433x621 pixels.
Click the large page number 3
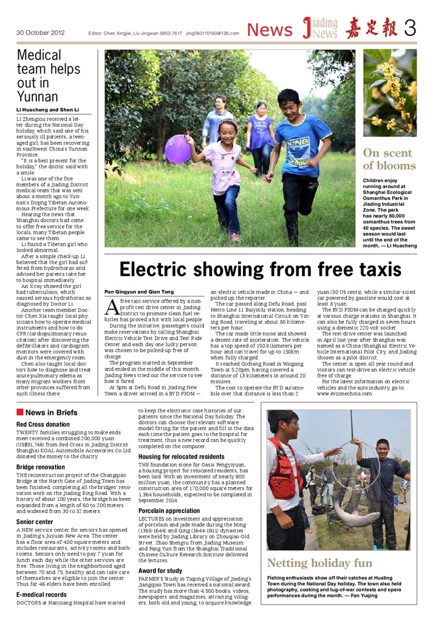409,29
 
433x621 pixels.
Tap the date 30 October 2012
40,33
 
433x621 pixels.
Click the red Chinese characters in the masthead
371,29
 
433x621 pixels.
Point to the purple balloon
177,149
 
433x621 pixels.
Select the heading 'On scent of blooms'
389,159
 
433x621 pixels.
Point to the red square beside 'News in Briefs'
20,412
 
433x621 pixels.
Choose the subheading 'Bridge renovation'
41,467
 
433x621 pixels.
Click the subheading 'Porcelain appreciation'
169,511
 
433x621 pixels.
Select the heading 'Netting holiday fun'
319,563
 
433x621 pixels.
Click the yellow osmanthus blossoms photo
390,92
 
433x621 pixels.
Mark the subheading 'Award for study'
160,571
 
